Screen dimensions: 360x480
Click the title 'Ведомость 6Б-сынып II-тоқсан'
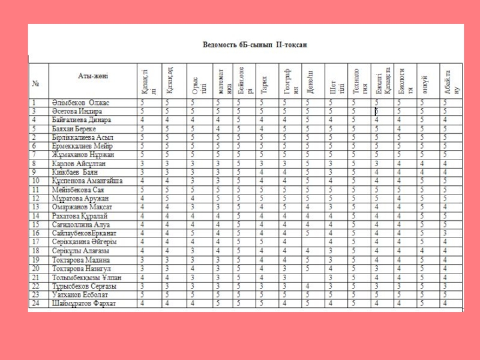coord(255,45)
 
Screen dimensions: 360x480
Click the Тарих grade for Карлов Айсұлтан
coord(262,163)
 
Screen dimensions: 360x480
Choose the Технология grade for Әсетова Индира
coord(354,112)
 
